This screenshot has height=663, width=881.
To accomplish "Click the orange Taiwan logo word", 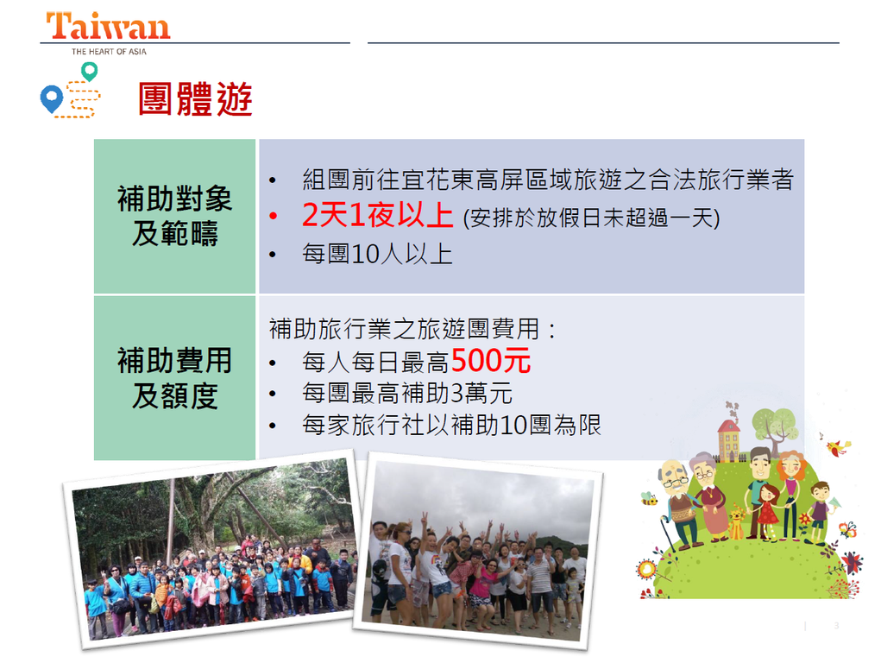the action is click(x=108, y=27).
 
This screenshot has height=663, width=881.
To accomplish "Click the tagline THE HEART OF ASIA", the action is click(x=109, y=51).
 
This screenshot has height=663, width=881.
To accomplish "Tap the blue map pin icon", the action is click(x=51, y=98).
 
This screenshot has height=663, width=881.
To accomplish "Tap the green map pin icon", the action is click(x=90, y=72).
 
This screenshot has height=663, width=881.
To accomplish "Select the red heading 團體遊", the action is click(x=195, y=99).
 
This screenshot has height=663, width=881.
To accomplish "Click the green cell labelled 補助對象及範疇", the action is click(x=175, y=216).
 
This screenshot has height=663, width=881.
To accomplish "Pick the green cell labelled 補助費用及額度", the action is click(x=175, y=378).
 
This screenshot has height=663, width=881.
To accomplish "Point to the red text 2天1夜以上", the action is click(x=377, y=215).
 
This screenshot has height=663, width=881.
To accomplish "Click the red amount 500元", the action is click(x=490, y=360).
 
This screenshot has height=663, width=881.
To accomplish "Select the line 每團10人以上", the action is click(x=377, y=254).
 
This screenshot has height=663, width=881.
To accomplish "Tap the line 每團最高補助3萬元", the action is click(x=406, y=393).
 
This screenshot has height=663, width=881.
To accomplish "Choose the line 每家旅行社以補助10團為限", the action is click(x=452, y=425).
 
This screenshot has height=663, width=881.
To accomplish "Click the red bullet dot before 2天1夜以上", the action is click(x=273, y=216).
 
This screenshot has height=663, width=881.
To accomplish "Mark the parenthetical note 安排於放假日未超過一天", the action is click(x=591, y=218).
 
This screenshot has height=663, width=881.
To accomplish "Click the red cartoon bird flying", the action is click(x=839, y=447).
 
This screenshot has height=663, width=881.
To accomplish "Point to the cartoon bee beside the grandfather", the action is click(x=649, y=498).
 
